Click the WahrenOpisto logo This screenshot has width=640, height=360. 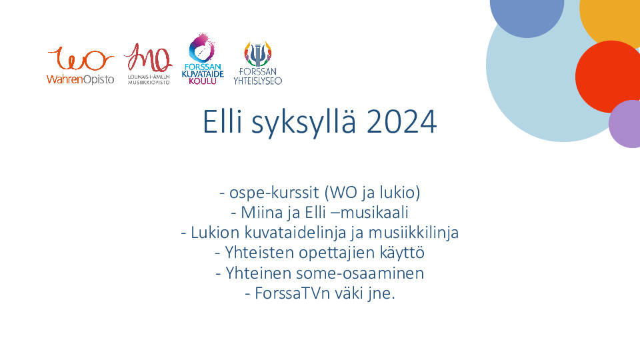(81, 65)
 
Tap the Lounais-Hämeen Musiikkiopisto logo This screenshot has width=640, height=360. (148, 64)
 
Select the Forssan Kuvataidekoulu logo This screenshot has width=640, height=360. (203, 59)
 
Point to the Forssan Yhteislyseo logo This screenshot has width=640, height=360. (257, 63)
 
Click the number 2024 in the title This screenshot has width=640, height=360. (401, 121)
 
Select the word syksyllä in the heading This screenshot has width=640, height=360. (304, 123)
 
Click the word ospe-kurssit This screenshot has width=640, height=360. (274, 193)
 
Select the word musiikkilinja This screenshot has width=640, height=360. (413, 233)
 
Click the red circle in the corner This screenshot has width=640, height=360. (608, 77)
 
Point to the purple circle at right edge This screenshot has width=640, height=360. (625, 124)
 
